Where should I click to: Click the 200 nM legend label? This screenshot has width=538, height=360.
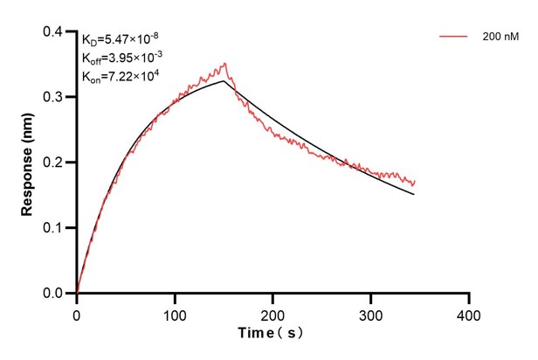498,38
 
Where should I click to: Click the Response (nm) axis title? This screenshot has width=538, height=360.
28,162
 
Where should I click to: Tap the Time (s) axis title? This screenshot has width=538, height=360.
272,334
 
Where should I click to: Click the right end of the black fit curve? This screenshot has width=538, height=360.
414,194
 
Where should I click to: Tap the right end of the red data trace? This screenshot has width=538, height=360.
415,182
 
